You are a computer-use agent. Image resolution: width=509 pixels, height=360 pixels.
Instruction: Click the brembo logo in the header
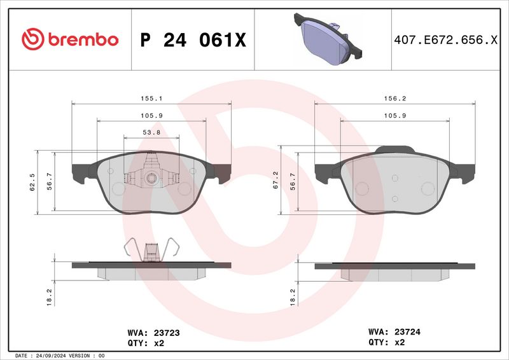coord(70,39)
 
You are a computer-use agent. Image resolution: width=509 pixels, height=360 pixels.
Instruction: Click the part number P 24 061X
coord(192,40)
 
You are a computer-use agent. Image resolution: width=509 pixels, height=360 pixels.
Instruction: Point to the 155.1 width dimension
coord(151,99)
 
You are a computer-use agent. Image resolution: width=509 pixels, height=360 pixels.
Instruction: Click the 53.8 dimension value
coord(151,132)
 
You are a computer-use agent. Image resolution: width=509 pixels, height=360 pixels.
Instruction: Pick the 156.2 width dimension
coord(395,99)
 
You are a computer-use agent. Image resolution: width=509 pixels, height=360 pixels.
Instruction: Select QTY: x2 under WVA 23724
coord(387,342)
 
